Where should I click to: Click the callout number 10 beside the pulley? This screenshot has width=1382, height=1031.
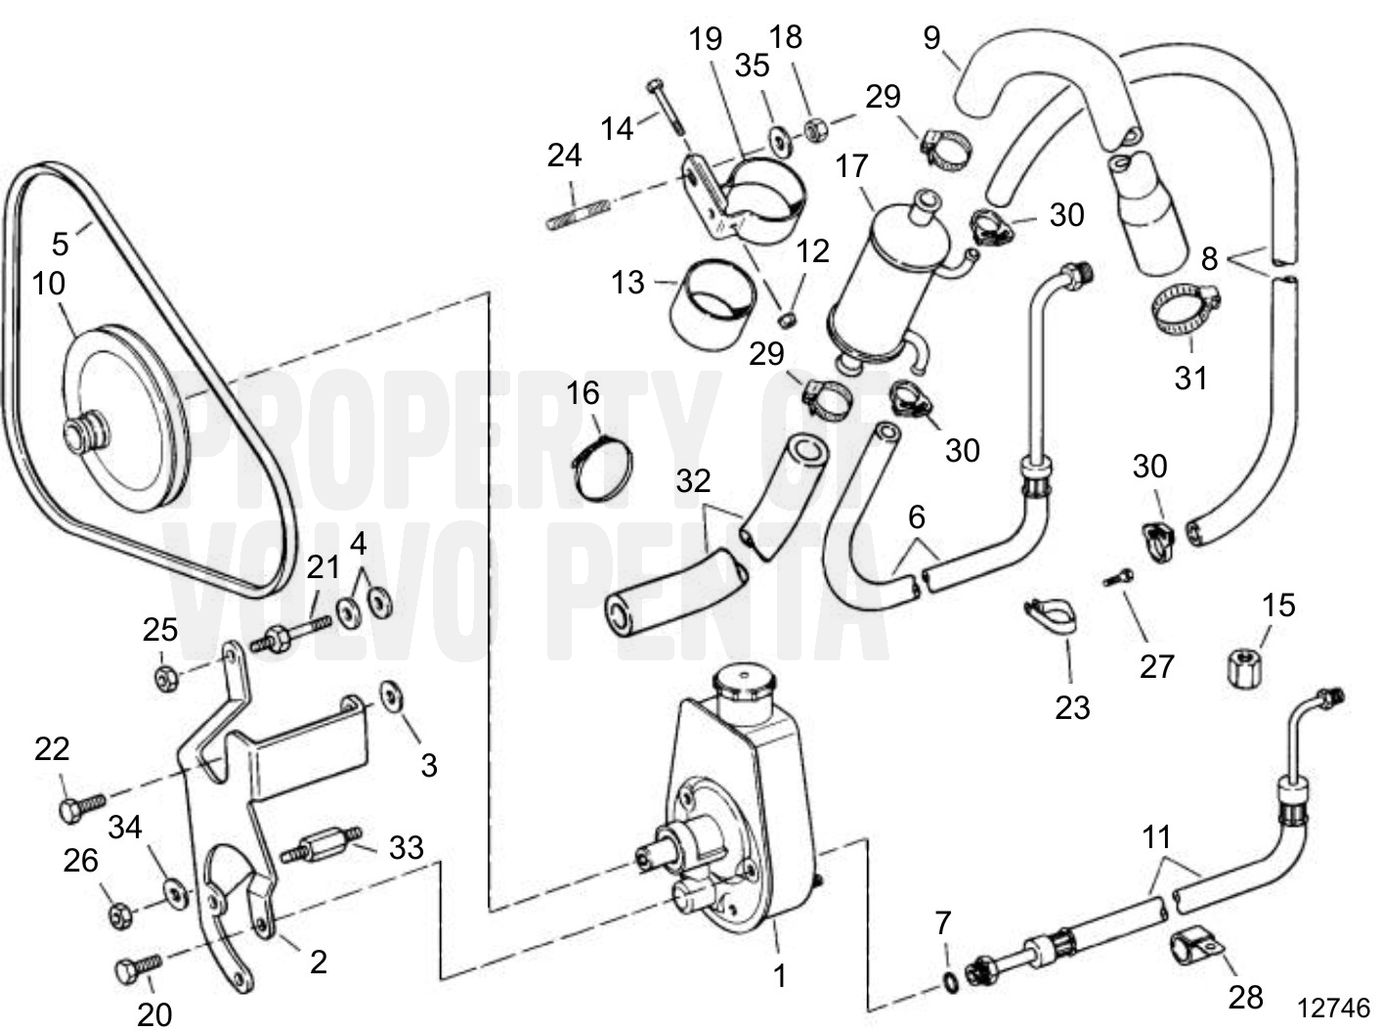[48, 284]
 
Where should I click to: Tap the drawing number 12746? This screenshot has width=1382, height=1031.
[1333, 1008]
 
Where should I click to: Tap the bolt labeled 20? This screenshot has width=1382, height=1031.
[136, 969]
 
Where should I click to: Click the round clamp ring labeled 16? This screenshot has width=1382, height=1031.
[600, 471]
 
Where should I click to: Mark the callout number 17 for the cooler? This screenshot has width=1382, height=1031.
[851, 166]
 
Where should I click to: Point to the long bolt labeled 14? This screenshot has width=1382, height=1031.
[665, 108]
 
